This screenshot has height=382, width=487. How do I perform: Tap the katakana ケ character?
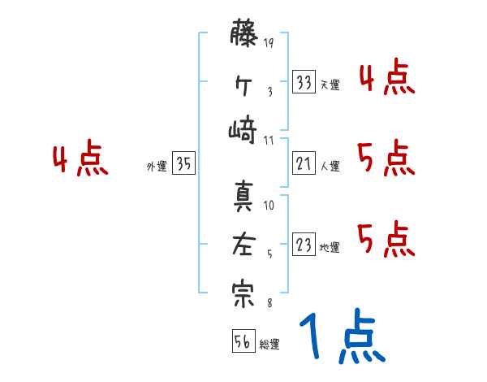[x=243, y=84]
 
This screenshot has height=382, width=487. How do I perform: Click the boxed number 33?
[x=304, y=81]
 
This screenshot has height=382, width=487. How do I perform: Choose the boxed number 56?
[x=242, y=341]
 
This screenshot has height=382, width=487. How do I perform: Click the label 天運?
[x=330, y=85]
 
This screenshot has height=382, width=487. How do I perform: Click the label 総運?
[x=269, y=345]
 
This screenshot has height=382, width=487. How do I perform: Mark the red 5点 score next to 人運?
[x=386, y=158]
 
